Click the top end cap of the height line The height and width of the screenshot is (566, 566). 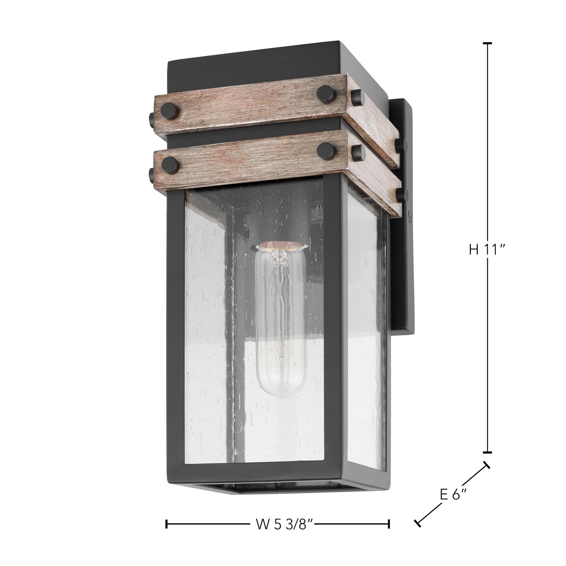[487, 43]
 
